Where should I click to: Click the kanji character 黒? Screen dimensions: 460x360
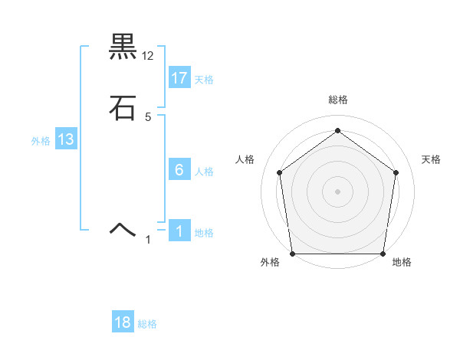(123, 47)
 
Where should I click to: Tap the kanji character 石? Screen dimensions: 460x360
(123, 108)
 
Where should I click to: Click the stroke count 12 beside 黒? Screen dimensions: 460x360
(148, 55)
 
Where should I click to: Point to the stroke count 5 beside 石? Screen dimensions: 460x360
(148, 116)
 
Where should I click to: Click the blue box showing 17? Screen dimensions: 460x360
(179, 78)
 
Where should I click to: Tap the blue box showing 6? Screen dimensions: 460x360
(179, 170)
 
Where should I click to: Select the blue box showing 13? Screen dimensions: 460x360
(66, 139)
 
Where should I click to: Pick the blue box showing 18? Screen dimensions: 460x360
(123, 322)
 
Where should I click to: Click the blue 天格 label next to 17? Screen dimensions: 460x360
(204, 80)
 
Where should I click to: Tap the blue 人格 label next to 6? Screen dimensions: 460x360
(204, 172)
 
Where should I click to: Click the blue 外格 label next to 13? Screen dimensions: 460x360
(41, 141)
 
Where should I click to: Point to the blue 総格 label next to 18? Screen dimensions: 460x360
(147, 324)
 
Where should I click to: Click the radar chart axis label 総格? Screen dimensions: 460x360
(337, 100)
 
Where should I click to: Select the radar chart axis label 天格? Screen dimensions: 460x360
(431, 159)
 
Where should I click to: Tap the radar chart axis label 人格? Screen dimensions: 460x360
(245, 159)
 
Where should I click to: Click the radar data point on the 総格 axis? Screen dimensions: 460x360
(337, 131)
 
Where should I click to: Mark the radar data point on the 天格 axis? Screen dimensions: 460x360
(396, 172)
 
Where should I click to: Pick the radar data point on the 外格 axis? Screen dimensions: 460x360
(293, 254)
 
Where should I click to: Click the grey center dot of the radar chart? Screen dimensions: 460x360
(337, 191)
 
